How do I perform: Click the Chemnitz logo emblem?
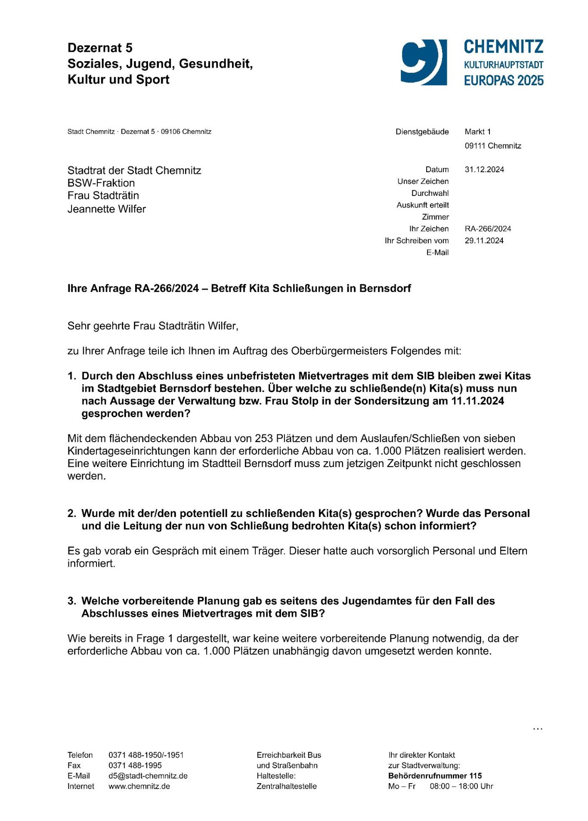coord(424,62)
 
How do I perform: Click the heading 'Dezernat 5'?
coord(100,48)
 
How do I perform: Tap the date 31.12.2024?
coord(484,170)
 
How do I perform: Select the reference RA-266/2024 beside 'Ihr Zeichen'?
coord(488,229)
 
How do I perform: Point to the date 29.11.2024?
coord(484,241)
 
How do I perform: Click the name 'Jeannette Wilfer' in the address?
coord(106,209)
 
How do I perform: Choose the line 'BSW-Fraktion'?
coord(101,183)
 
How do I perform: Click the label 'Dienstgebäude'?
coord(422,132)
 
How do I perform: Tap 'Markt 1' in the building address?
coord(477,132)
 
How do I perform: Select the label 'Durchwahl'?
coord(430,193)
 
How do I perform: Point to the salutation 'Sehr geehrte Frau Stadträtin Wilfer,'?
coord(153,326)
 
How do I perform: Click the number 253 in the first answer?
coord(264,439)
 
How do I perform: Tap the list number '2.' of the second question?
coord(72,514)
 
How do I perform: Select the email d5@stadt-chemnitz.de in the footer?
coord(148,776)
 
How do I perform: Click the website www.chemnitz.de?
coord(139,786)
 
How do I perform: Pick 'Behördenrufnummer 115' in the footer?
coord(435,776)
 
